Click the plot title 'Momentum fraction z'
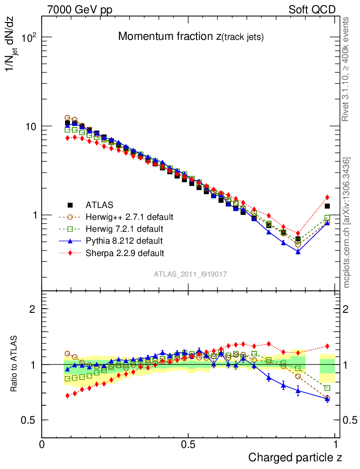tap(191, 37)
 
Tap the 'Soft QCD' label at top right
tap(312, 10)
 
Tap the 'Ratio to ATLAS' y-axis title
tap(14, 364)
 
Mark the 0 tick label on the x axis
tap(42, 444)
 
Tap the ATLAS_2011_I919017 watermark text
tap(191, 274)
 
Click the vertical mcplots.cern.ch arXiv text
tap(347, 223)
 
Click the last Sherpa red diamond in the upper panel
tap(327, 197)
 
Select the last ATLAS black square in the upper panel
tap(327, 206)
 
